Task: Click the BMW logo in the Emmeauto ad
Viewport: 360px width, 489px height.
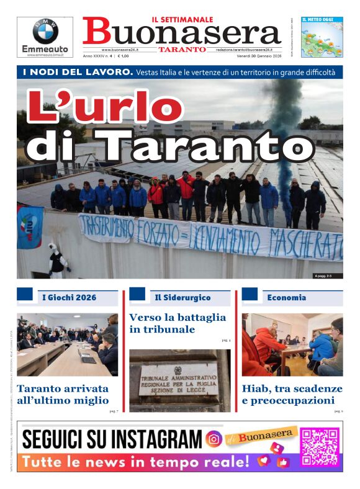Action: pos(45,31)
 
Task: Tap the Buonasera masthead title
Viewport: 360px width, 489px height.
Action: pos(181,33)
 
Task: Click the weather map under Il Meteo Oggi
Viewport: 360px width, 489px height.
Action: pos(322,41)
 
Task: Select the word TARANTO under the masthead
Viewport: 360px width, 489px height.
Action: pos(182,50)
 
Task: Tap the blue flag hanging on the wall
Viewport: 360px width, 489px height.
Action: pos(30,227)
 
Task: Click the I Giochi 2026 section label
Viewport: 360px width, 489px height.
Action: pos(69,297)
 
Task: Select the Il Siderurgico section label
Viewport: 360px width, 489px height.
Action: pos(182,297)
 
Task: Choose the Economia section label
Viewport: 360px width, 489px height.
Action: pos(286,297)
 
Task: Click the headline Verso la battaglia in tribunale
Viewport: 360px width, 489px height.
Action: pos(178,323)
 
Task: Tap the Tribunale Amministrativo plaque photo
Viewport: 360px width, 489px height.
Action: pos(179,380)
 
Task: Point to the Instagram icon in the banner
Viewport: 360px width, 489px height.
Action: pos(214,439)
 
